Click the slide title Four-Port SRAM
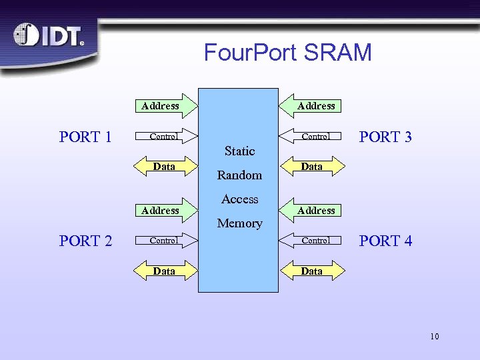(x=287, y=52)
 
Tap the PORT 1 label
(x=85, y=137)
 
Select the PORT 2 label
(x=85, y=241)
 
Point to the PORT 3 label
(x=385, y=137)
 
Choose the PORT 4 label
(x=385, y=241)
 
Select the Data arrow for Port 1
(x=165, y=167)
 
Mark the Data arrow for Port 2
(x=165, y=271)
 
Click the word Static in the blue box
(x=239, y=151)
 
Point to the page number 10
(x=434, y=336)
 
